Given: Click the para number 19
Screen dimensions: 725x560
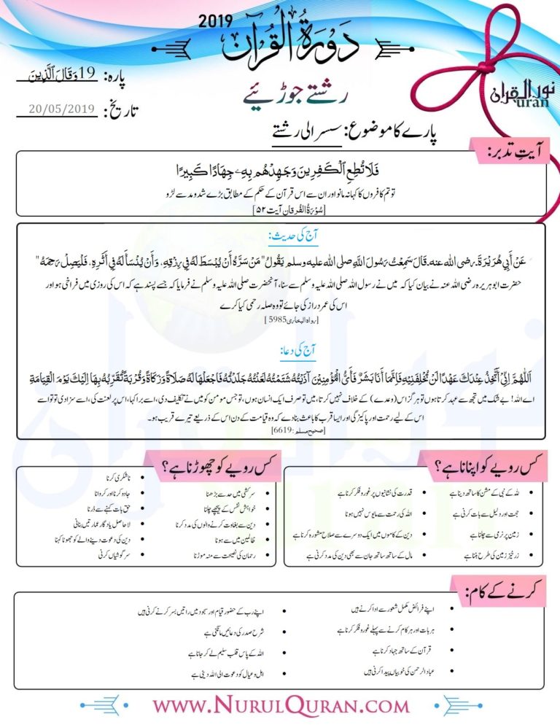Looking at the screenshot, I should click(87, 75).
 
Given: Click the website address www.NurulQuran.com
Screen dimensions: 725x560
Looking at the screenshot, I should click(281, 705).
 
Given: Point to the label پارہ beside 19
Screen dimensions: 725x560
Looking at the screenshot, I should click(119, 76).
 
